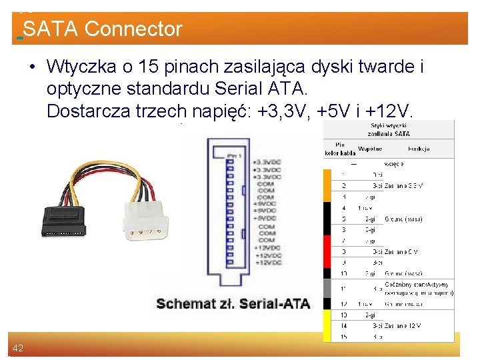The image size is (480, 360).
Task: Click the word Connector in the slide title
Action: (x=133, y=29)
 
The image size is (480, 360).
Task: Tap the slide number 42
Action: (x=17, y=348)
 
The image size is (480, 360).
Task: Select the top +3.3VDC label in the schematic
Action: (x=267, y=162)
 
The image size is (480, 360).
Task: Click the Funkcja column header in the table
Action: (x=419, y=149)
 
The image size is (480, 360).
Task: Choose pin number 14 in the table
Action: (x=344, y=326)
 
